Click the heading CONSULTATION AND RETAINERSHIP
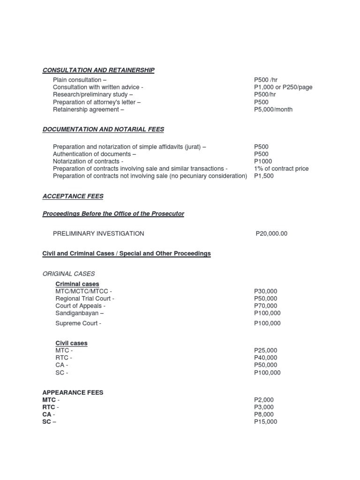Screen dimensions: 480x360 (x=98, y=70)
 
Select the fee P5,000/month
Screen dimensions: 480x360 (x=273, y=110)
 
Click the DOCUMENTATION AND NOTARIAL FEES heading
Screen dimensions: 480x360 (x=103, y=129)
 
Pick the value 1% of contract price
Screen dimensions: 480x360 (x=281, y=168)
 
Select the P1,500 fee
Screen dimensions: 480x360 (x=264, y=176)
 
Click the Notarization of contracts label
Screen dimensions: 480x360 (x=88, y=161)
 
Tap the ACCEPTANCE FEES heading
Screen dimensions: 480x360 (x=73, y=196)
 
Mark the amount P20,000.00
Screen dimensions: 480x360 (x=271, y=233)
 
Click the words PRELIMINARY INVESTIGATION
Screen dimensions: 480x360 (x=98, y=233)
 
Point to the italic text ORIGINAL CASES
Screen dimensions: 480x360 (x=68, y=273)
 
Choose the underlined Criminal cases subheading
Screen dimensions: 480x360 (x=77, y=284)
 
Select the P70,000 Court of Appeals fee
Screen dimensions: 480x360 (x=265, y=306)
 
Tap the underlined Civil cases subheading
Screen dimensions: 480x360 (x=71, y=343)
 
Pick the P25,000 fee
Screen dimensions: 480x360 (x=265, y=350)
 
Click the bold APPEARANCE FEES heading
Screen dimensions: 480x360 (x=73, y=392)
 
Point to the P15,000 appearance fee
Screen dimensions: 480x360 (x=265, y=422)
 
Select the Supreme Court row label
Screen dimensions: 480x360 (x=78, y=323)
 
